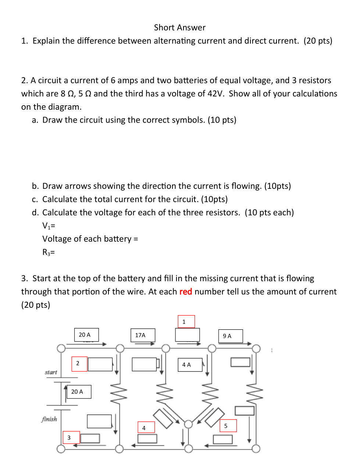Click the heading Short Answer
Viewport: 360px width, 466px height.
(179, 28)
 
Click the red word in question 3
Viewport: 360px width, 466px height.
(186, 292)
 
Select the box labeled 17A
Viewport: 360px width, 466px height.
(143, 335)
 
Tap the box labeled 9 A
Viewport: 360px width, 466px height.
(230, 336)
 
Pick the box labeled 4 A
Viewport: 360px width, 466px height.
(190, 365)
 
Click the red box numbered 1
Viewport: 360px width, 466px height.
(186, 322)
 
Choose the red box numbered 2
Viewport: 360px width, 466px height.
(79, 364)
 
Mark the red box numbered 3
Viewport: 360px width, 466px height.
(71, 438)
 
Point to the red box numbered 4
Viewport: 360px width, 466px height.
(146, 428)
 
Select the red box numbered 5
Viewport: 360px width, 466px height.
(228, 426)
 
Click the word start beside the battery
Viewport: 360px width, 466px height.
(51, 372)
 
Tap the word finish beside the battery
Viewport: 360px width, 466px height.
(49, 419)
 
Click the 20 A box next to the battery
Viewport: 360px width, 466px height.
(79, 392)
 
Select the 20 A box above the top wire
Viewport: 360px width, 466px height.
(86, 335)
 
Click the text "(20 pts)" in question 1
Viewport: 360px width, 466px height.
(318, 41)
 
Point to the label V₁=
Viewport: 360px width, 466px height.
(49, 226)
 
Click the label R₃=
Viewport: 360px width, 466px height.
(49, 252)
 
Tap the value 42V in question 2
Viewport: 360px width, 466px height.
(215, 93)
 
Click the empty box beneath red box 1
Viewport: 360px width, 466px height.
(187, 335)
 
